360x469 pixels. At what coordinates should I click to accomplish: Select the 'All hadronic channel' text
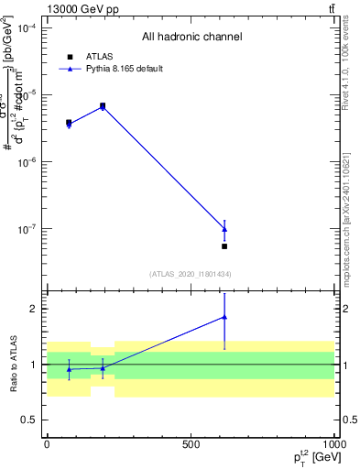pyautogui.click(x=191, y=38)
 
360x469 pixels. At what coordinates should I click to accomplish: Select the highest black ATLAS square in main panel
pyautogui.click(x=103, y=106)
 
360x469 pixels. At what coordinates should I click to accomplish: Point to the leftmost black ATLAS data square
pyautogui.click(x=69, y=123)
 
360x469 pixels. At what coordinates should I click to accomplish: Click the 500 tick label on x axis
pyautogui.click(x=191, y=444)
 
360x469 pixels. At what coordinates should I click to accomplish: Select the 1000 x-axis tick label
pyautogui.click(x=333, y=444)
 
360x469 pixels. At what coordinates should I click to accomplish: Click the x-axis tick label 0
pyautogui.click(x=47, y=444)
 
